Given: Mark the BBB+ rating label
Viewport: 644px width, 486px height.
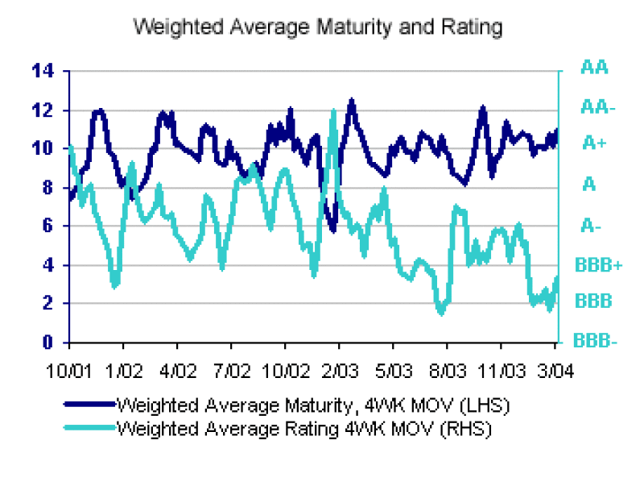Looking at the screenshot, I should click(x=598, y=264).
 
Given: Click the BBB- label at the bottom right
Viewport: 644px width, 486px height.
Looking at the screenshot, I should click(x=595, y=341).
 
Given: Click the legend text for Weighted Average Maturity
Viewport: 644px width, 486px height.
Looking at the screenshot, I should click(x=312, y=403).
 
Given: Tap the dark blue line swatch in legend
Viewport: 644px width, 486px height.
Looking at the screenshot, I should click(x=88, y=404).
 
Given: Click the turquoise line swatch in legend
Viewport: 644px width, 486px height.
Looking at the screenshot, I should click(x=88, y=428).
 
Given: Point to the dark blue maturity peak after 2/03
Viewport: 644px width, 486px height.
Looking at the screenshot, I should click(x=351, y=102).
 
